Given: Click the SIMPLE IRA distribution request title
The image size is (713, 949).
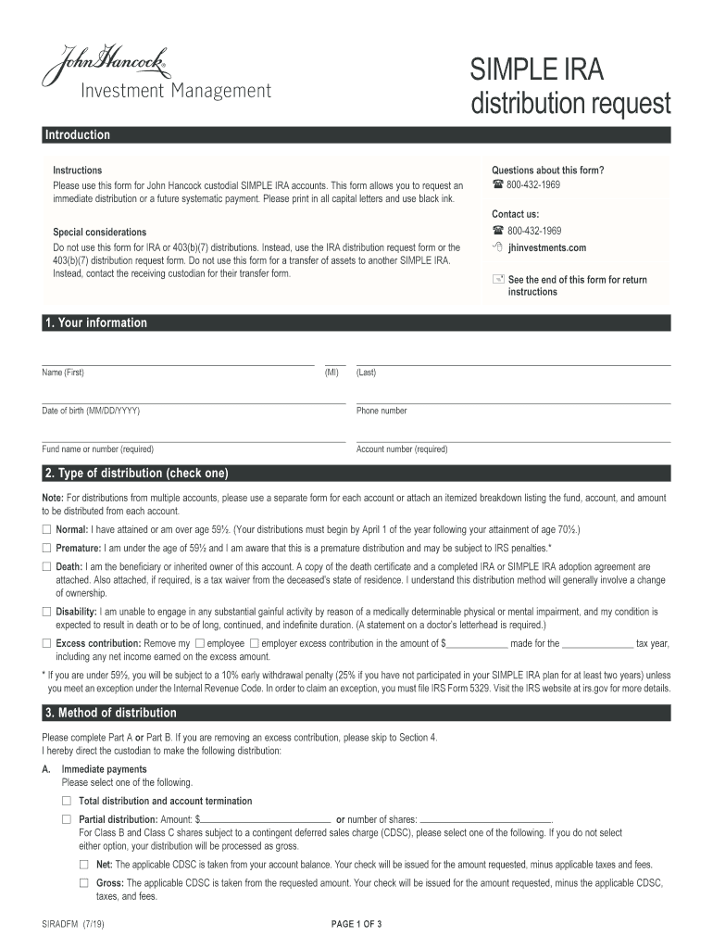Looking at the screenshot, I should [569, 86].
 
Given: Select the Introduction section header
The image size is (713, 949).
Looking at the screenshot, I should [78, 135].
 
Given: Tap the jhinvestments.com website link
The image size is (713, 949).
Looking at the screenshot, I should [546, 248].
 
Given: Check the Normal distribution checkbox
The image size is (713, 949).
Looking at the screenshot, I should [47, 529].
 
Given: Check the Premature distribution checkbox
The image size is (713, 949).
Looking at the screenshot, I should [47, 548].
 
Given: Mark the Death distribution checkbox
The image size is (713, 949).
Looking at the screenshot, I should [47, 566].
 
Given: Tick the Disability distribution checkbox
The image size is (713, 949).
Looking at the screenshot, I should [47, 612].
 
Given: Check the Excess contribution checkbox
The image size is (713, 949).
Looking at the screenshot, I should [47, 643].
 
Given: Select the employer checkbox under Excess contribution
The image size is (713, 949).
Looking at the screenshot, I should [254, 643].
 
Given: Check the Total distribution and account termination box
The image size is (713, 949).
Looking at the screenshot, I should [67, 801].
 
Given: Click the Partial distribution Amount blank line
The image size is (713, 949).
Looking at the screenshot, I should [266, 819].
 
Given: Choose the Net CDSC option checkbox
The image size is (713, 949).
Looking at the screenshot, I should [84, 864].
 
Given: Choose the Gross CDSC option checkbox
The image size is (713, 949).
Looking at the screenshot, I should [84, 883].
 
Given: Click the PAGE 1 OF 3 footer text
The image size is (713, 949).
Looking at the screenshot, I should [356, 925].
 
